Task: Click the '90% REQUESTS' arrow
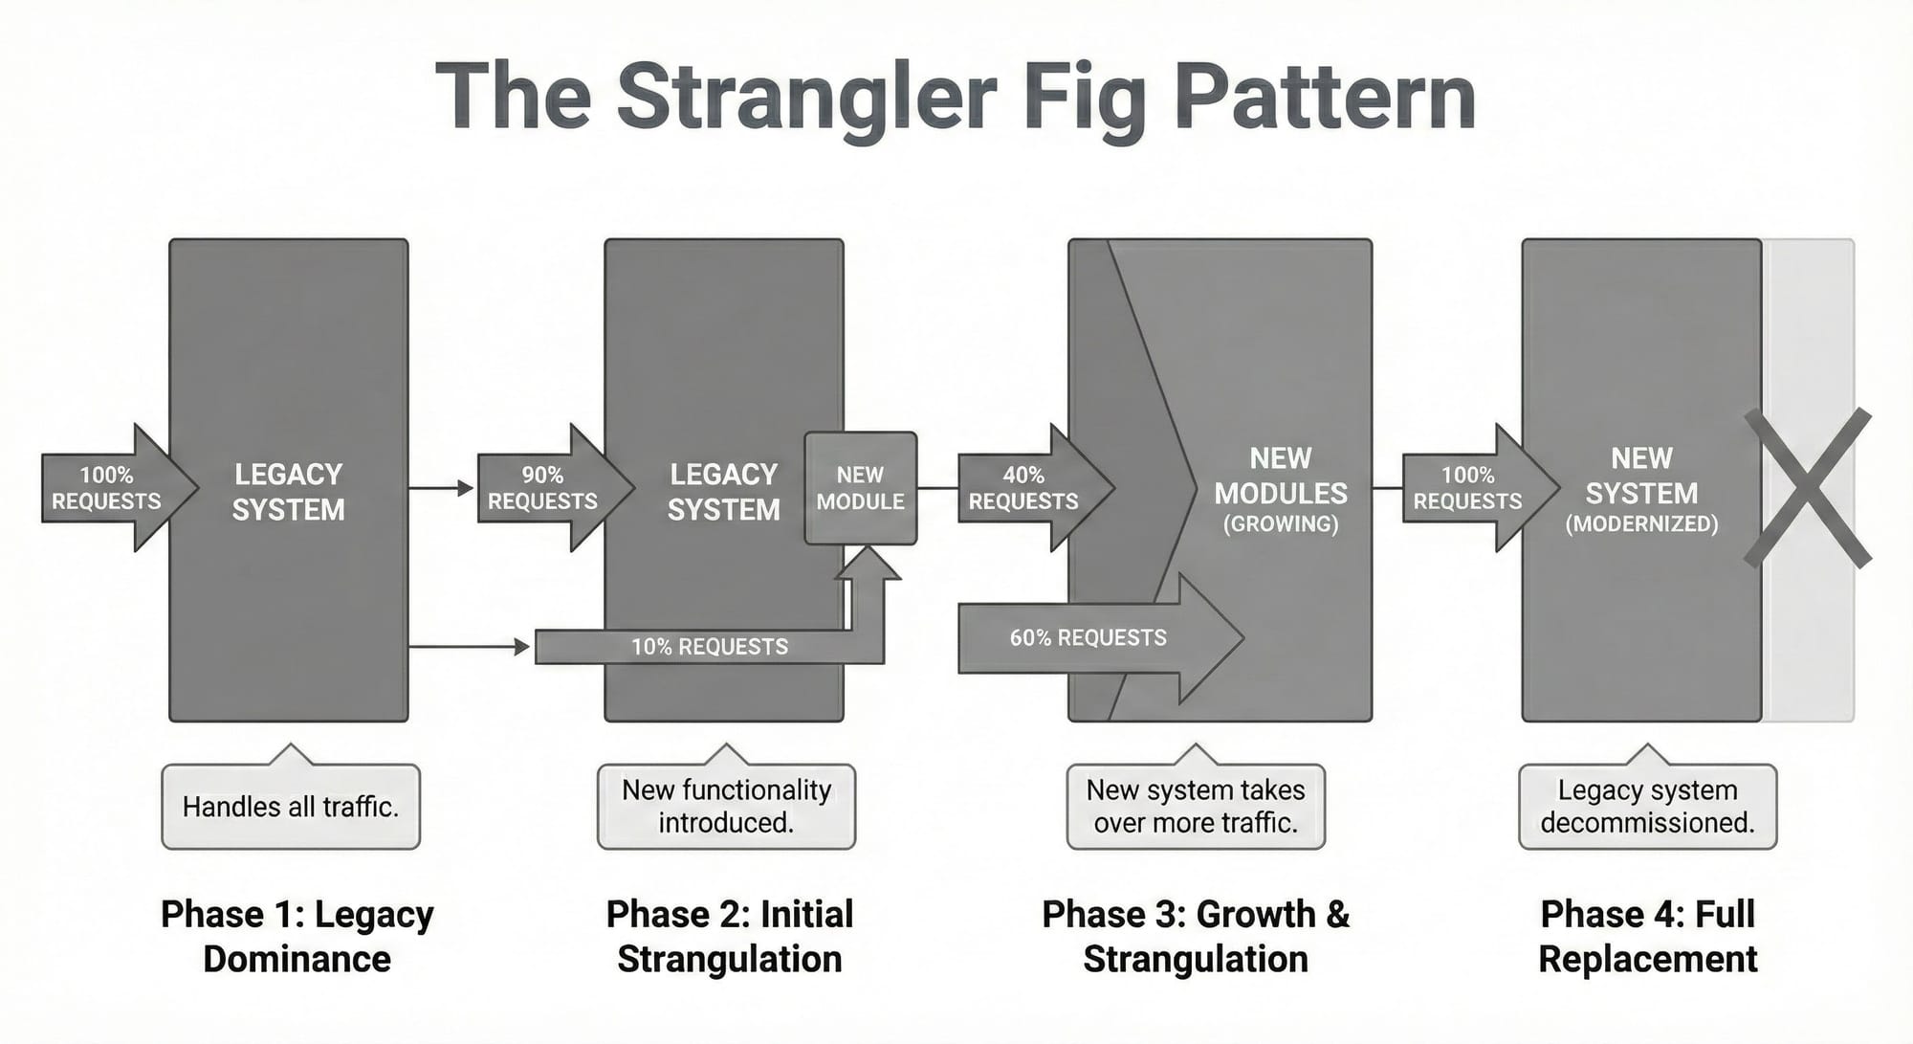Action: click(x=545, y=488)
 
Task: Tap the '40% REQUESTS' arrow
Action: click(x=1025, y=488)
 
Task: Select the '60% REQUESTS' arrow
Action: click(x=1090, y=638)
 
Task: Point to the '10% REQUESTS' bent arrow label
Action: click(x=710, y=647)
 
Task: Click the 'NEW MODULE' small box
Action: click(x=860, y=488)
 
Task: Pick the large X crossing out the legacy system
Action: click(x=1807, y=488)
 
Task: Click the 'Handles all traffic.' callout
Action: click(x=291, y=807)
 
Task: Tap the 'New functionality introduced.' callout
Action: click(x=726, y=807)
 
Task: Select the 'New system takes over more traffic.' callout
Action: click(x=1196, y=807)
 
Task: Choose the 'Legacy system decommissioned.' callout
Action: click(x=1647, y=807)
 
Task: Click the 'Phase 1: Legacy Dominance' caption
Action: click(x=297, y=936)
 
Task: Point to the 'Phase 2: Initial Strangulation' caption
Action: click(x=729, y=936)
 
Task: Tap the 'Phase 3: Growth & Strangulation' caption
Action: click(x=1196, y=936)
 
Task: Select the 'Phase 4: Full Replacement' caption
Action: click(x=1647, y=936)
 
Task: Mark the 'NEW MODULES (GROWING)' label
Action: click(x=1281, y=491)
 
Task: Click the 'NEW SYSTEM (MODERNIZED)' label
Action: click(x=1641, y=491)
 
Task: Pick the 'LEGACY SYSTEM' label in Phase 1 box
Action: click(x=288, y=492)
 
